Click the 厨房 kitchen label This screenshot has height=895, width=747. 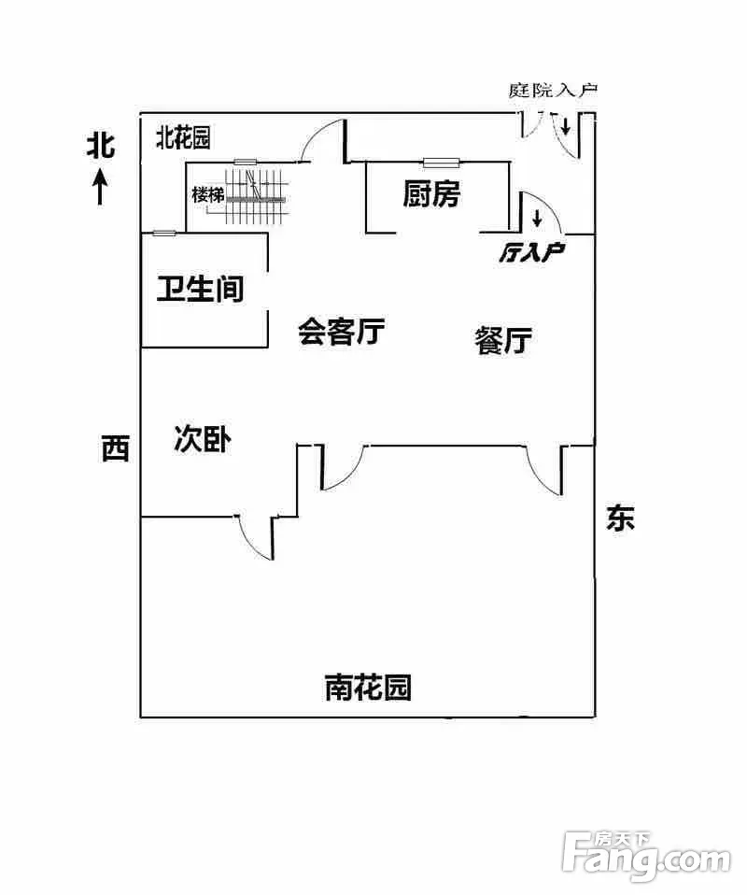pos(431,194)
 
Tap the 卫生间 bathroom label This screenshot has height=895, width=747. pos(200,289)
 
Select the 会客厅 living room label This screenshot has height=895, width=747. pos(342,331)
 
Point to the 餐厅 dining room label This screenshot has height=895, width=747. pos(503,341)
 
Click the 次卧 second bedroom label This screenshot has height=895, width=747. pos(203,439)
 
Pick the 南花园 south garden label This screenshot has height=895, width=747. pos(368,688)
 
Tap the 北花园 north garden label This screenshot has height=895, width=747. pos(183,138)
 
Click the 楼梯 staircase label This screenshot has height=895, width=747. pos(207,196)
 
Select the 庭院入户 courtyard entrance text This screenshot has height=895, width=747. pos(553,91)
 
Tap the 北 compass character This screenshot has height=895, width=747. pos(101,146)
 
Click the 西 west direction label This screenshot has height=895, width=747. pos(115,449)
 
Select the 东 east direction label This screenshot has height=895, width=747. pos(620,518)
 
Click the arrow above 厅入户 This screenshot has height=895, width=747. pos(538,220)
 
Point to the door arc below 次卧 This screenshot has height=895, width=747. pos(254,537)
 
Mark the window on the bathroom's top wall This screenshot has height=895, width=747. pos(163,233)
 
